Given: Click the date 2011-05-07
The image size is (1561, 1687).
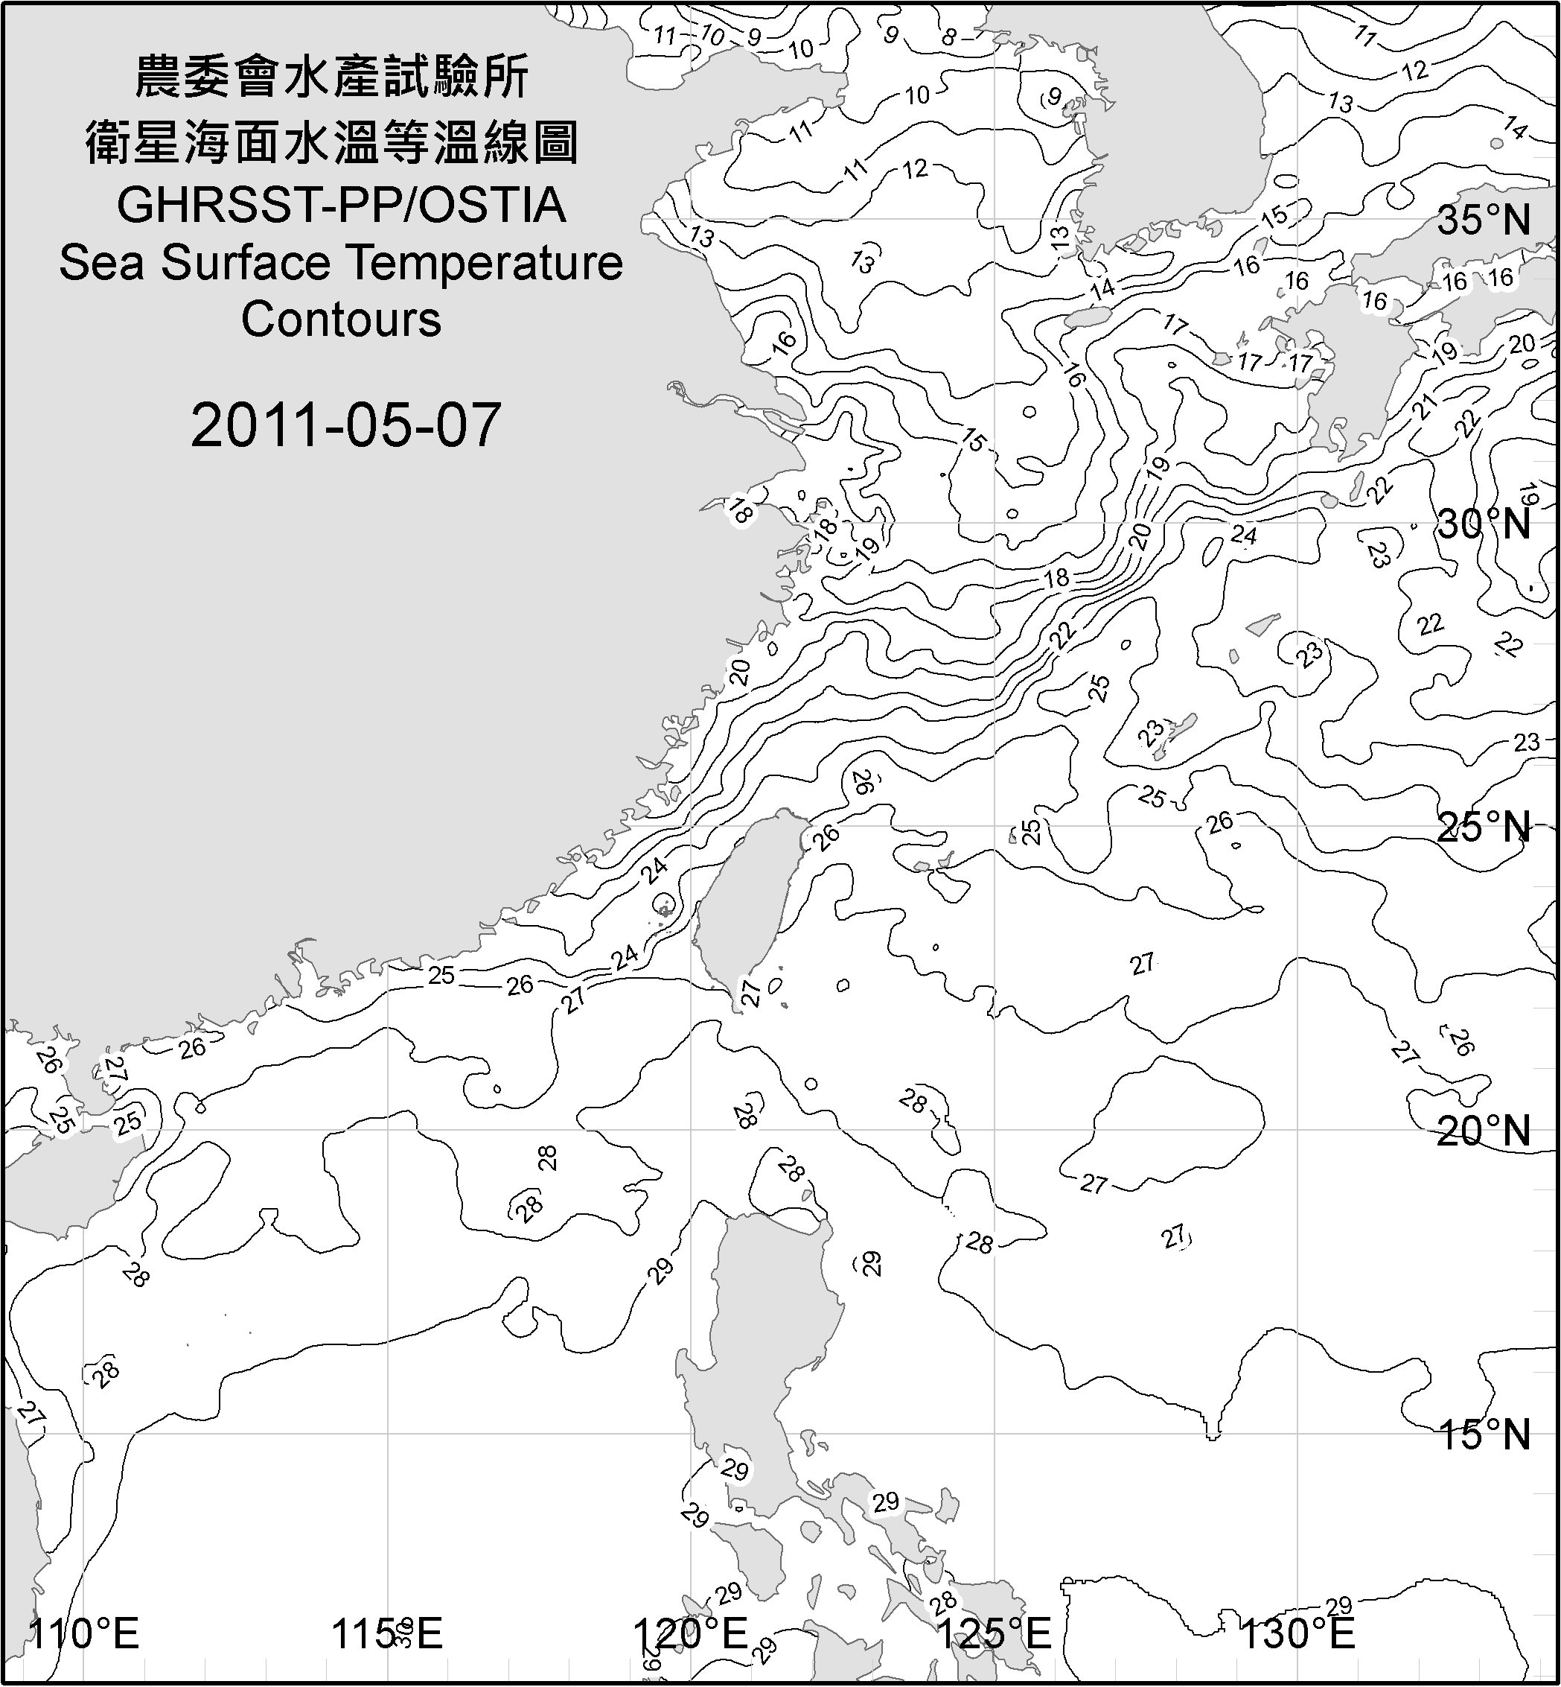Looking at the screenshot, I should tap(346, 425).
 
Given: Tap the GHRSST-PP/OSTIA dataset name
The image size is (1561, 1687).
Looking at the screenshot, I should tap(340, 206).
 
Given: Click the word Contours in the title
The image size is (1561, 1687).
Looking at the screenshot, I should tap(341, 320).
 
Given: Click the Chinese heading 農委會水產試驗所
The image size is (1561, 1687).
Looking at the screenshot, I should tap(332, 77).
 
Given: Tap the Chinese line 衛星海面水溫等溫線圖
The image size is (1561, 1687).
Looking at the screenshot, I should tap(332, 142).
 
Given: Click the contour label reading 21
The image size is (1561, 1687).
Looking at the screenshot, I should tap(1425, 407).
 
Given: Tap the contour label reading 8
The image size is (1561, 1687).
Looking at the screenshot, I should tap(949, 37).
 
